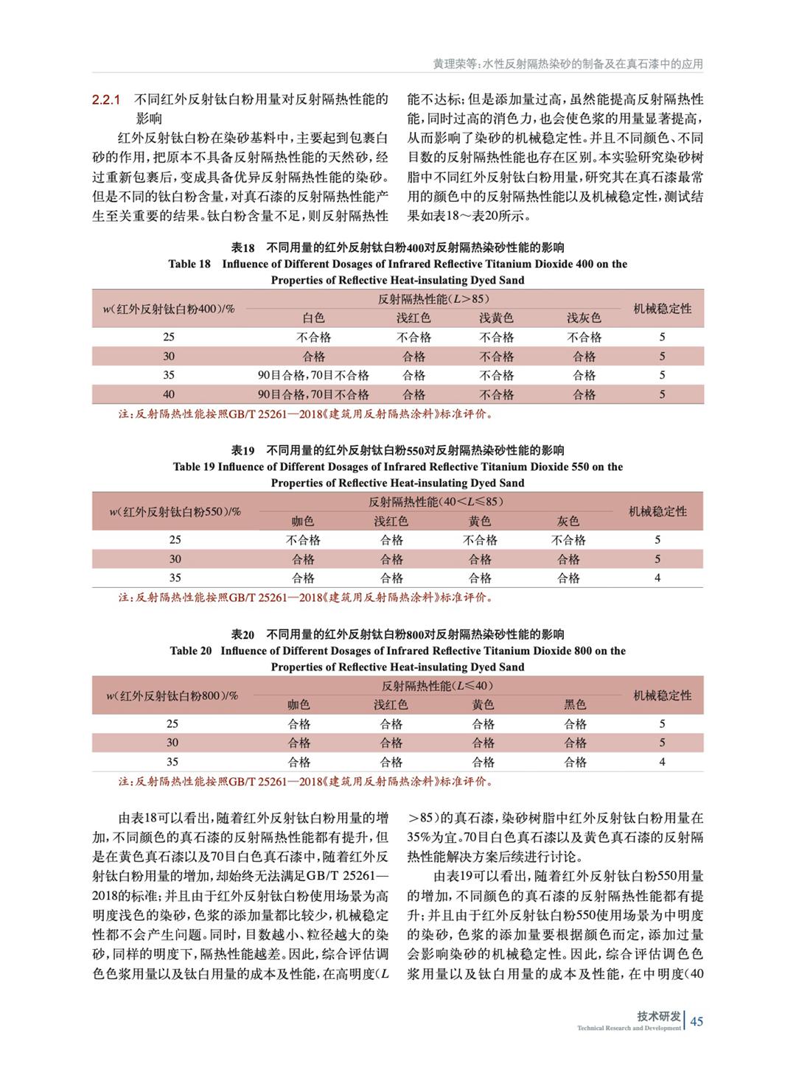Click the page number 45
coord(697,1020)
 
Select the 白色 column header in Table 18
coord(313,318)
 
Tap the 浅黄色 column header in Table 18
coord(496,318)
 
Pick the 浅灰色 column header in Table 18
coord(584,318)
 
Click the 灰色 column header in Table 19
coord(568,522)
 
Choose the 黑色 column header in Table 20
coord(575,705)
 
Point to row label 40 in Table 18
coord(169,394)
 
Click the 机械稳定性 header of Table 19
coord(657,511)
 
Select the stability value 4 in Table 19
coord(657,578)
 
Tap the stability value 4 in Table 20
coord(662,762)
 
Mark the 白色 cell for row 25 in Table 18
coord(313,337)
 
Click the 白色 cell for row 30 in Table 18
coord(313,357)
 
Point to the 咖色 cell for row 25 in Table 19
coord(303,540)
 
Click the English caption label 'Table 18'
coord(189,264)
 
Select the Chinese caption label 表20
coord(243,634)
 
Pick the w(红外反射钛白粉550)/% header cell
coord(175,511)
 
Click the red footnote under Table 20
coord(306,781)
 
